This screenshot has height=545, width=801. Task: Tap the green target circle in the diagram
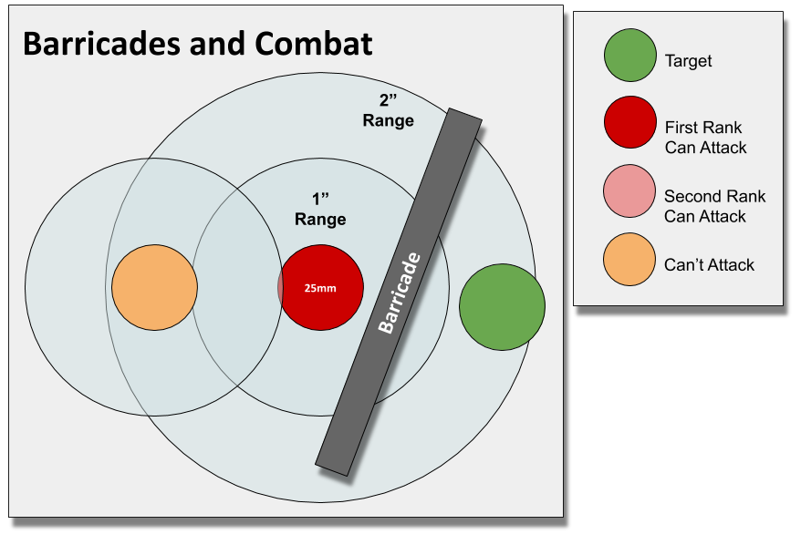(x=502, y=307)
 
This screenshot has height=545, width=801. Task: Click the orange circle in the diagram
(x=154, y=288)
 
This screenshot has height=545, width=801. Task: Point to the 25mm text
(x=320, y=289)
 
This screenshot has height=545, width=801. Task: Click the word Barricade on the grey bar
(x=399, y=293)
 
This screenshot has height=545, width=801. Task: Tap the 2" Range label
(x=388, y=110)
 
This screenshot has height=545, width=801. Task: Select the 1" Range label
(x=320, y=210)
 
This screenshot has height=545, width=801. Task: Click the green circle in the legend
(x=629, y=54)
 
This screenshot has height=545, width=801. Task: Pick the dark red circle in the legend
(x=629, y=121)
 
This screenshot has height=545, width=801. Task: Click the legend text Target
(x=689, y=62)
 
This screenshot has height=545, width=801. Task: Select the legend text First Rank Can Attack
(x=705, y=138)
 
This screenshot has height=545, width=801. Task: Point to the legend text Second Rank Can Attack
(x=714, y=206)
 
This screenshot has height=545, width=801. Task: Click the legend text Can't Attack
(x=710, y=265)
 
